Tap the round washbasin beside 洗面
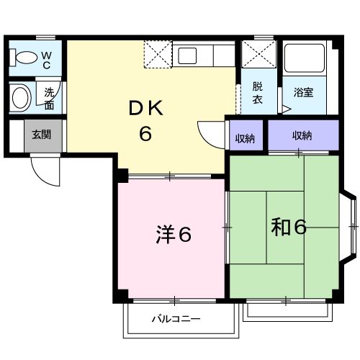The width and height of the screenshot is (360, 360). [21, 97]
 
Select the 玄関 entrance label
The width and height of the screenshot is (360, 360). [41, 134]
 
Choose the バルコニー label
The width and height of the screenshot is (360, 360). [176, 318]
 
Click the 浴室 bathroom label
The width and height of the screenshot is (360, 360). [303, 92]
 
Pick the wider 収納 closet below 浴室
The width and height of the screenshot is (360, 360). [302, 135]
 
